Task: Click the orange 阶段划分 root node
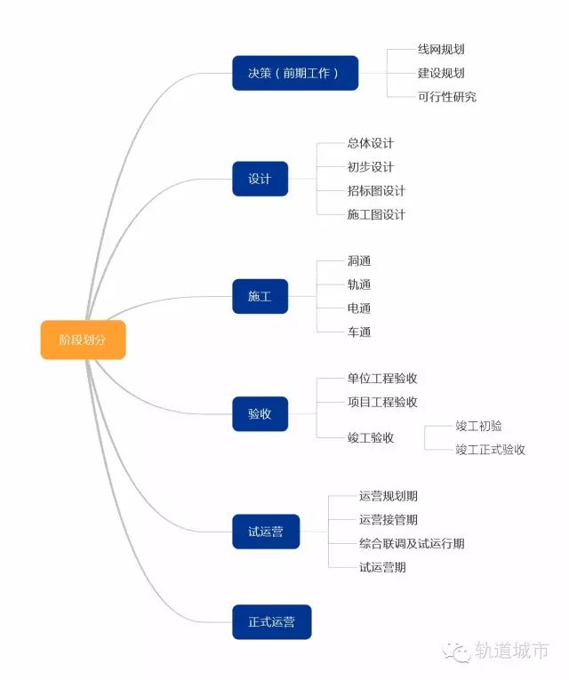point(84,340)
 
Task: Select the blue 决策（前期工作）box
point(295,73)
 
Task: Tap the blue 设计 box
point(260,179)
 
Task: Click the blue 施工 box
point(260,296)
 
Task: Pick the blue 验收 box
point(260,413)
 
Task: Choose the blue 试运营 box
point(266,532)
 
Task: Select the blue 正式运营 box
point(272,622)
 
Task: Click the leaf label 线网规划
point(441,50)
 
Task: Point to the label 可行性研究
point(447,96)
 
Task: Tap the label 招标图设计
point(376,190)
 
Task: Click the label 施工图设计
point(376,214)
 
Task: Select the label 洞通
point(359,261)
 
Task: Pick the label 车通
point(359,332)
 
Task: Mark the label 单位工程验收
point(382,379)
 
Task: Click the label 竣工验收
point(371,437)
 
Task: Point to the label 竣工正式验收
point(490,449)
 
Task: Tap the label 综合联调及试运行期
point(412,543)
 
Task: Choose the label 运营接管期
point(389,519)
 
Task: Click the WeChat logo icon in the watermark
point(459,652)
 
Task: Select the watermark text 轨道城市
point(512,651)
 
